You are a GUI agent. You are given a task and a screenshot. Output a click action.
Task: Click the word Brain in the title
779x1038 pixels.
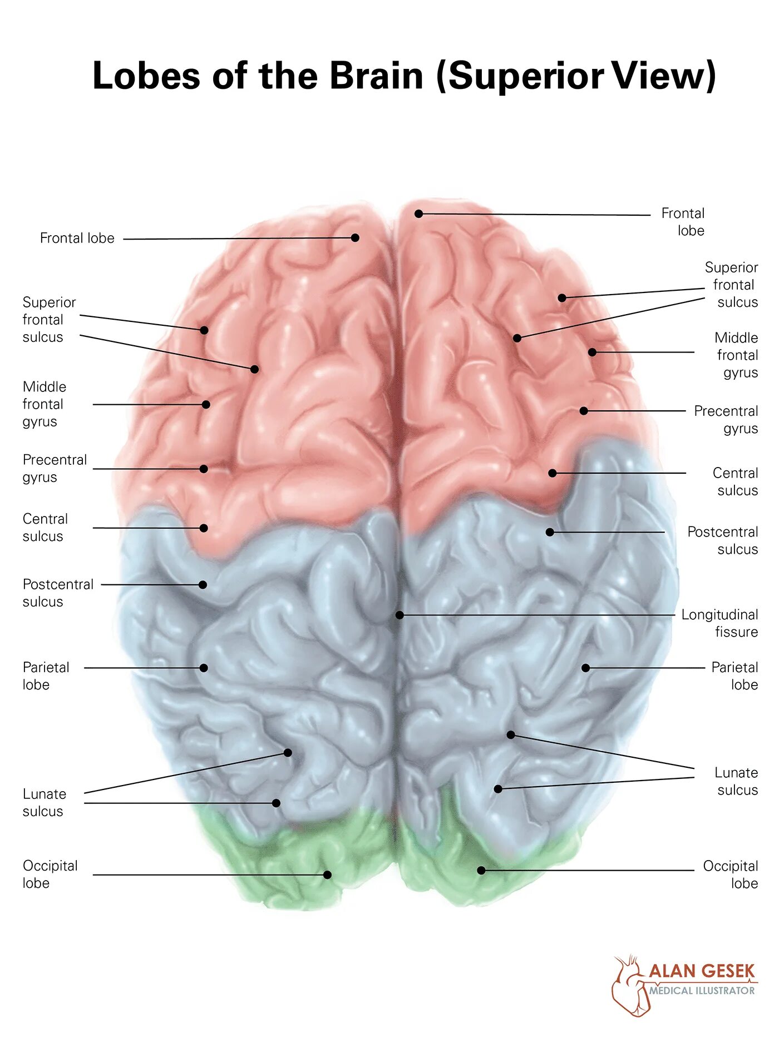[x=376, y=76]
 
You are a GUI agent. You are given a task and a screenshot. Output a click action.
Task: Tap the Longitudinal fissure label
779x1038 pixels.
[x=719, y=623]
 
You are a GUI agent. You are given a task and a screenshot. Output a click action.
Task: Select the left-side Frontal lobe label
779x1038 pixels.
[x=77, y=239]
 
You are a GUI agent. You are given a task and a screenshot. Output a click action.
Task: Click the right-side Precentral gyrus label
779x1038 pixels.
[x=726, y=420]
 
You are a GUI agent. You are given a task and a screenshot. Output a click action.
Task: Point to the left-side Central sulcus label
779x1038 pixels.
[x=45, y=528]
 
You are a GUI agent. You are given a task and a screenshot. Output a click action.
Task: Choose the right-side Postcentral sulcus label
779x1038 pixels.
[x=722, y=540]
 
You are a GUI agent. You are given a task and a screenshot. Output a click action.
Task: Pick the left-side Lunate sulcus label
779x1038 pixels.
[x=44, y=802]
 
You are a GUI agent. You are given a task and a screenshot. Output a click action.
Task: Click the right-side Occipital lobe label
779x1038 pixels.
[x=730, y=875]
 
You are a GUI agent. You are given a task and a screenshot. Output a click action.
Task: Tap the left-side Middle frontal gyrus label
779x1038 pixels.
[x=44, y=404]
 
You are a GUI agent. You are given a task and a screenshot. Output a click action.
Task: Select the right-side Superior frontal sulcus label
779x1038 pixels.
[x=731, y=285]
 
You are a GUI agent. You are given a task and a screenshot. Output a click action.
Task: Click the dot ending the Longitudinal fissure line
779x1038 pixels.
[x=400, y=615]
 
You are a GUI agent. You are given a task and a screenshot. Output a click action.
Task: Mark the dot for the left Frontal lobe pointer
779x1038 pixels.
[x=355, y=238]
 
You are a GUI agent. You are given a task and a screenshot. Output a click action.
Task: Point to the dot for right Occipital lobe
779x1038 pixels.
[x=481, y=870]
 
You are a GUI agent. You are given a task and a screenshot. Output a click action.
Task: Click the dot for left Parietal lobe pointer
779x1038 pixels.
[x=204, y=668]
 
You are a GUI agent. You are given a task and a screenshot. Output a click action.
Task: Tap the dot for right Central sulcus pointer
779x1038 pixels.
[x=553, y=473]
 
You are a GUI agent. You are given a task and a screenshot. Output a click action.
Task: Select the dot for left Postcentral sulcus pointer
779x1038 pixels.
[x=203, y=585]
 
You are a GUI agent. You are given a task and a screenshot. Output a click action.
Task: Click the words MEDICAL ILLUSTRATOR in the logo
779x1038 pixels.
[x=702, y=991]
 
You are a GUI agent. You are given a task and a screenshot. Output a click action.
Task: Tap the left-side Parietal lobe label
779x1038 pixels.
[x=46, y=676]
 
